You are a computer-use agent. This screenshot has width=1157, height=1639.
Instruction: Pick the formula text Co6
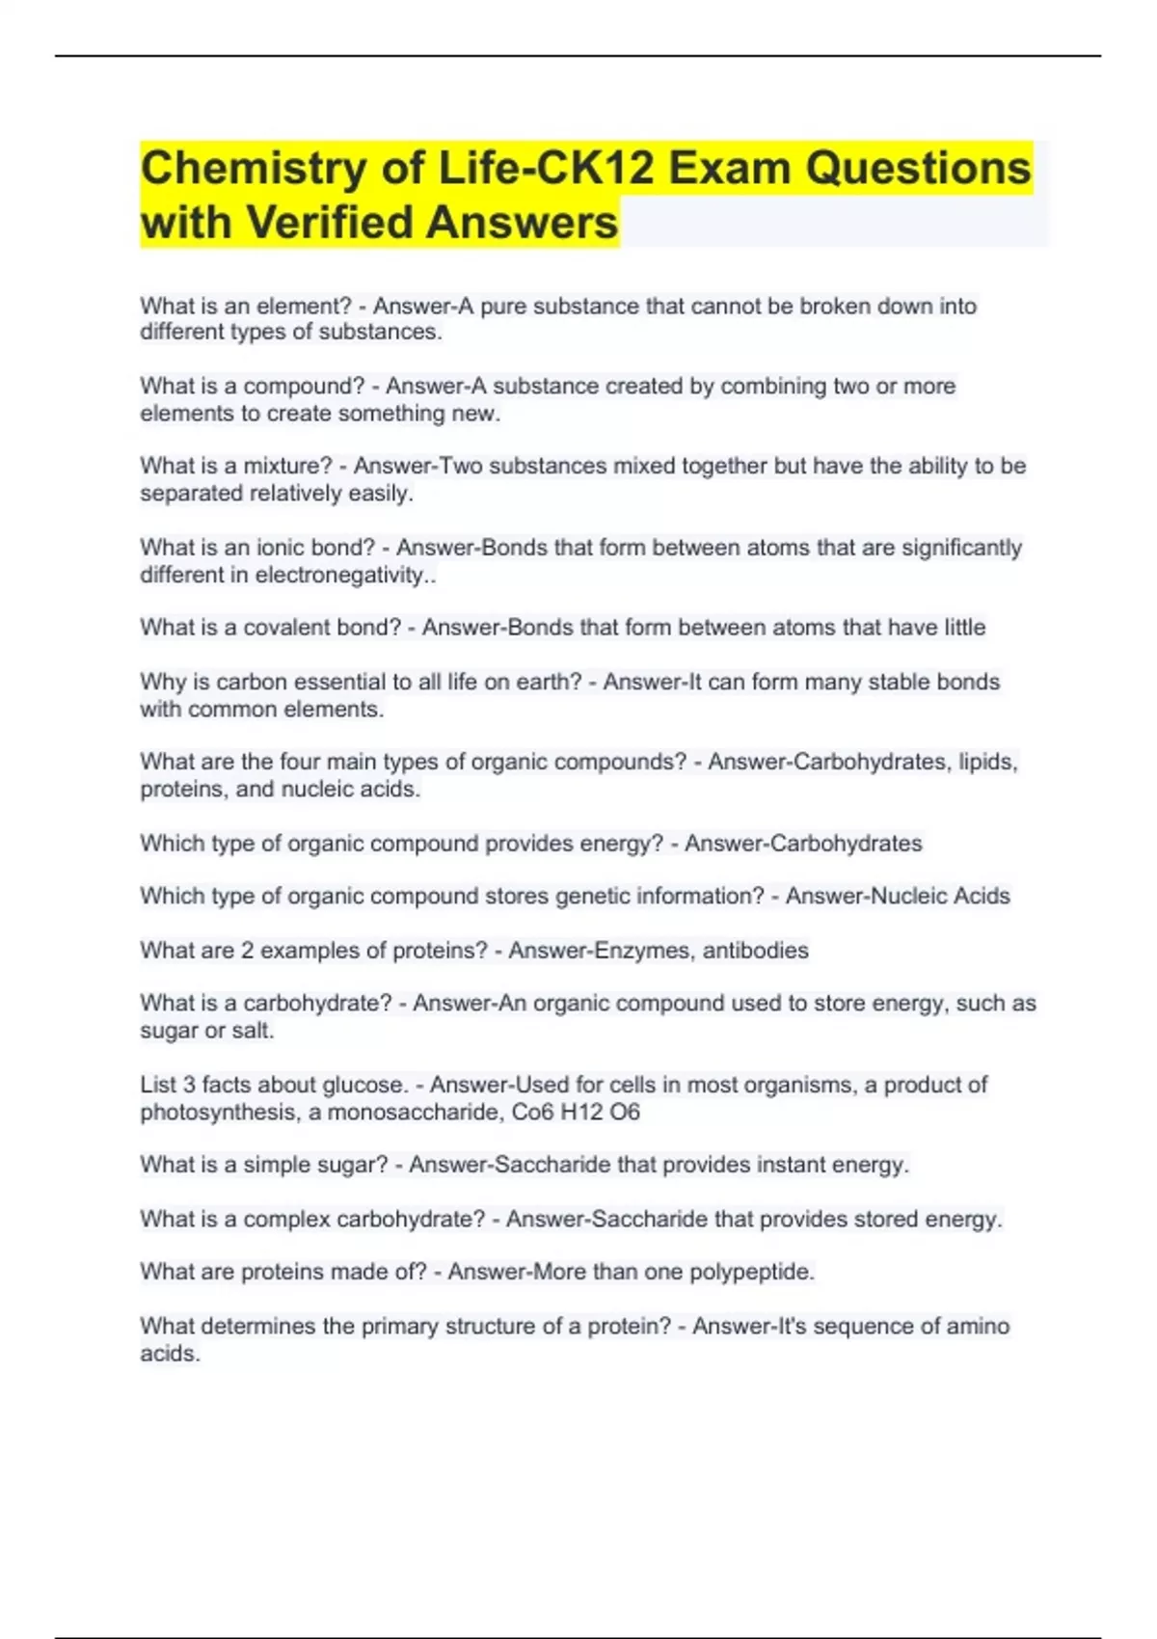[532, 1112]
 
